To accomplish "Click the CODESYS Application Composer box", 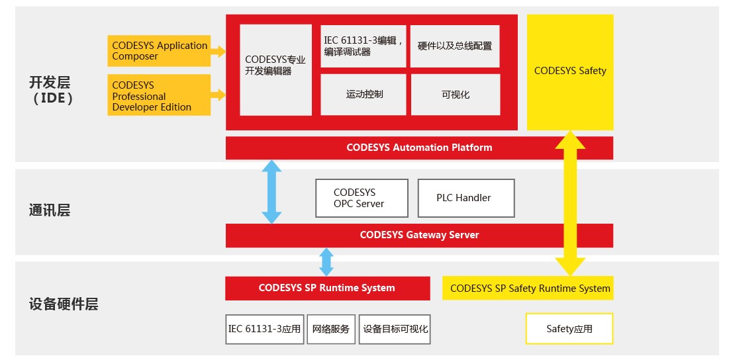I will tap(159, 51).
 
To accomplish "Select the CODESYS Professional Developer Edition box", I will tap(159, 95).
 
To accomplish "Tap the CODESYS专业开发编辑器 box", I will tap(275, 70).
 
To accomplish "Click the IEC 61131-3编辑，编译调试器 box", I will tap(364, 46).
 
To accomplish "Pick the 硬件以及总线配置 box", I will tap(454, 46).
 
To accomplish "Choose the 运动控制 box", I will tap(364, 94).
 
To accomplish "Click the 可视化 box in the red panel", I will tap(455, 94).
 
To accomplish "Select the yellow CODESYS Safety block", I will tap(569, 71).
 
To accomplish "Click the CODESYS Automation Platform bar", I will tap(419, 148).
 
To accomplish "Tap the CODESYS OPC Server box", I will tap(358, 198).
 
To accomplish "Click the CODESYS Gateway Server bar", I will tap(419, 235).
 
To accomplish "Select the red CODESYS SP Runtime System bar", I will tap(327, 288).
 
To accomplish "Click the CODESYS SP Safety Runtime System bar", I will tap(528, 288).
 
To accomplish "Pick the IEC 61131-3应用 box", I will tap(264, 329).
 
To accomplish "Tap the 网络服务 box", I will tap(331, 329).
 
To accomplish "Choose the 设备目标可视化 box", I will tap(395, 329).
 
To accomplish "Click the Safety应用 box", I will tap(569, 329).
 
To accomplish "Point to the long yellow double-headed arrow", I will tap(569, 205).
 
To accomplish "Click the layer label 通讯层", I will tap(49, 210).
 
